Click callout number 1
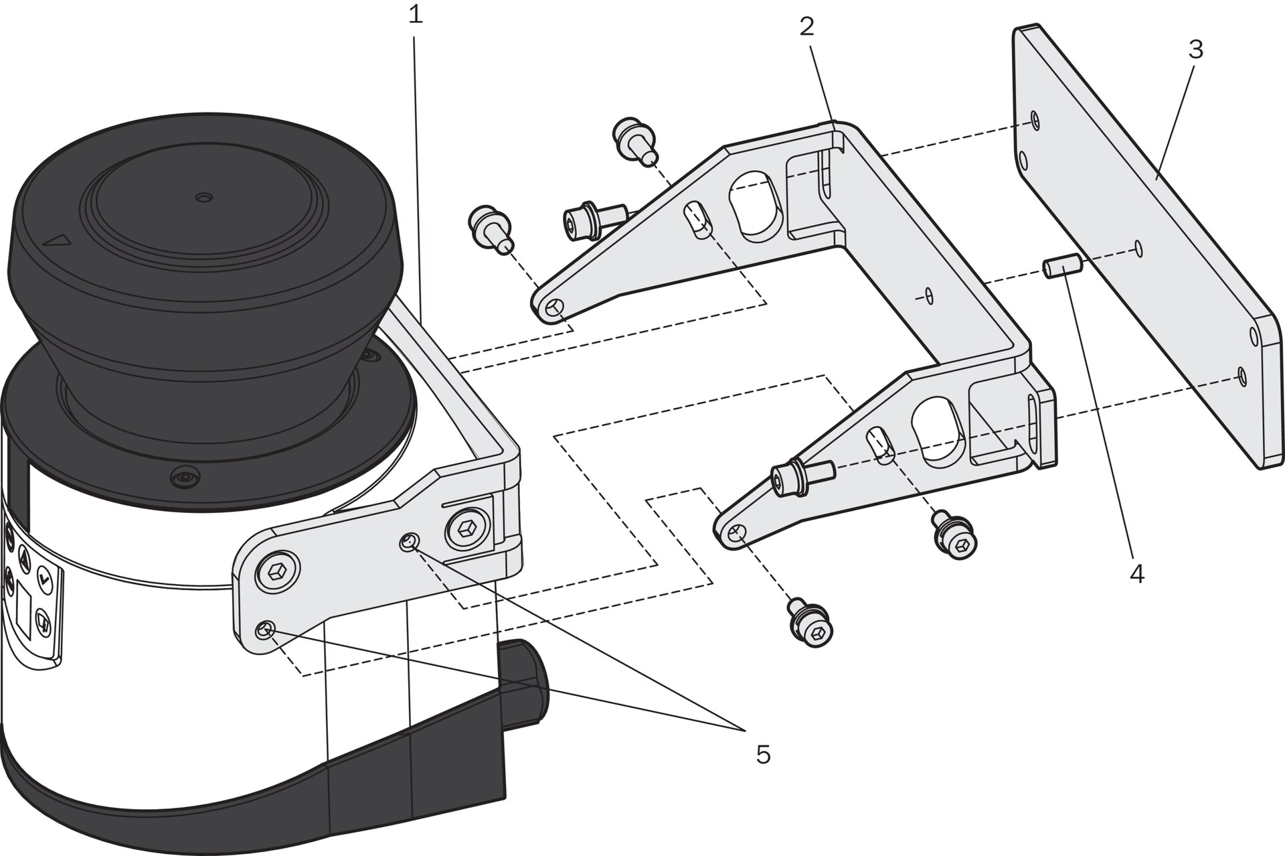(x=416, y=15)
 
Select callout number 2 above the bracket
(x=806, y=27)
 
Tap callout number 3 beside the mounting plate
(x=1195, y=50)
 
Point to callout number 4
(x=1136, y=574)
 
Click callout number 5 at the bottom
(x=763, y=755)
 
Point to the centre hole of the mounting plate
(x=1138, y=249)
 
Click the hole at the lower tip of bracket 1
(x=266, y=630)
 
